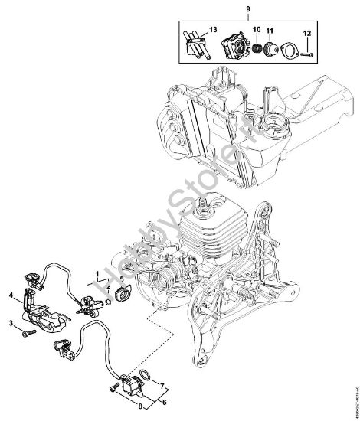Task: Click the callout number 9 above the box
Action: pyautogui.click(x=247, y=8)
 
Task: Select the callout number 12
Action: pyautogui.click(x=306, y=33)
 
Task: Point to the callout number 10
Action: pyautogui.click(x=256, y=31)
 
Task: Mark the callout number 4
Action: pyautogui.click(x=11, y=293)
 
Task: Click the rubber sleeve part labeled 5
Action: pyautogui.click(x=120, y=293)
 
